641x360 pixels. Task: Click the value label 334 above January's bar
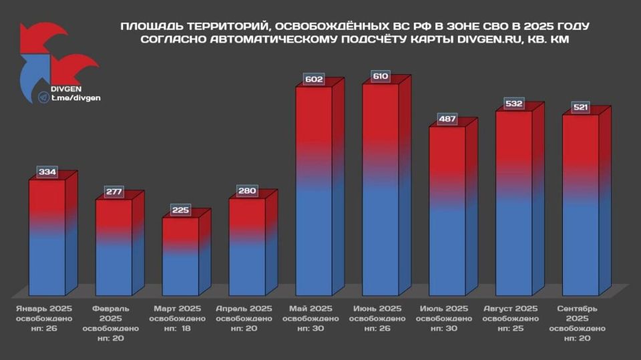coord(47,173)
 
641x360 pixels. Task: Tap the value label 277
coord(114,192)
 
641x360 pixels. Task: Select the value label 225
coord(180,210)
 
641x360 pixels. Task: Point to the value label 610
coord(381,76)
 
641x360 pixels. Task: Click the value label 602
coord(314,79)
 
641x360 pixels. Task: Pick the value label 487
coord(447,119)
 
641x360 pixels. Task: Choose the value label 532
coord(514,104)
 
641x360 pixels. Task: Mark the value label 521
coord(581,108)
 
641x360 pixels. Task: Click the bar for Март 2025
coord(180,256)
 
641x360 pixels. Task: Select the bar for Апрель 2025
coord(247,247)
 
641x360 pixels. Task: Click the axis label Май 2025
coord(311,309)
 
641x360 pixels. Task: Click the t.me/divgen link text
coord(75,98)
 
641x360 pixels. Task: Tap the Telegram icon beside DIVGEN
coord(45,98)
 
